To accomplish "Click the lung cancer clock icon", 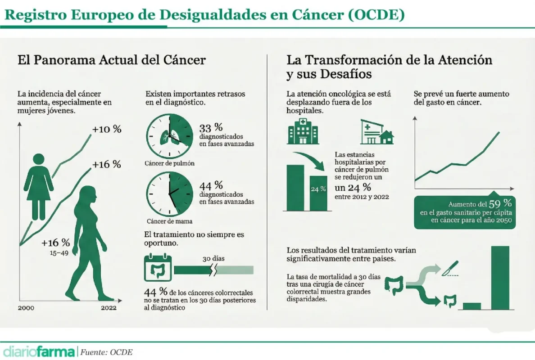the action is [170, 136].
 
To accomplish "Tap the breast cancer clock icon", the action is [170, 194].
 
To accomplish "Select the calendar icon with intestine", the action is [158, 268].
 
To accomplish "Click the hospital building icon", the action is [303, 131].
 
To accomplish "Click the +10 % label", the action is [107, 129].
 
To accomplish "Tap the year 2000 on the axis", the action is [26, 308].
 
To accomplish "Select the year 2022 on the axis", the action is [109, 308].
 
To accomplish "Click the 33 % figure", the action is [211, 128].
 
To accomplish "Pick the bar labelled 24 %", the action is [318, 193].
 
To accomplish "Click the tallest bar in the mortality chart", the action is [500, 278].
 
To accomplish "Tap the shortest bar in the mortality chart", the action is [472, 306].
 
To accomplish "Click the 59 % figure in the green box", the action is [500, 203].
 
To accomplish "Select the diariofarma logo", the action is [39, 351].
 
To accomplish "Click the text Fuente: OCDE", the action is [106, 352].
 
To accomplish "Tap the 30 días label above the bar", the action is [213, 258].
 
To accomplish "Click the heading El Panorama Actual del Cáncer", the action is [112, 60].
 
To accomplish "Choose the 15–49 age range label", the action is [59, 253].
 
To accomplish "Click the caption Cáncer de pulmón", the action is [170, 163].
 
